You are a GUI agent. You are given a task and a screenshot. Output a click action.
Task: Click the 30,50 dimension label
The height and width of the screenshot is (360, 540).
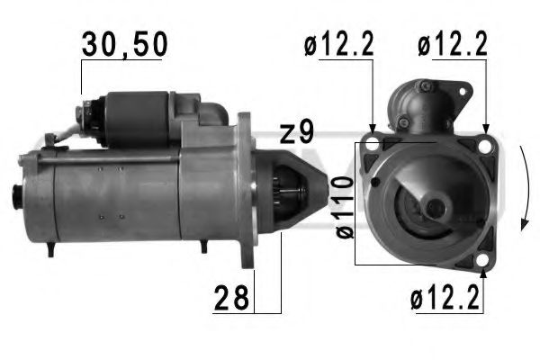[x=122, y=44]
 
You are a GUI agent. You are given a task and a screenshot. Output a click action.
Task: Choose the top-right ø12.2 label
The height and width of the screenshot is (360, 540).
[x=451, y=44]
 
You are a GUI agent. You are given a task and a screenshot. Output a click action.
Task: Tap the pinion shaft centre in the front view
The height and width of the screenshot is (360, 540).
[x=436, y=209]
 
